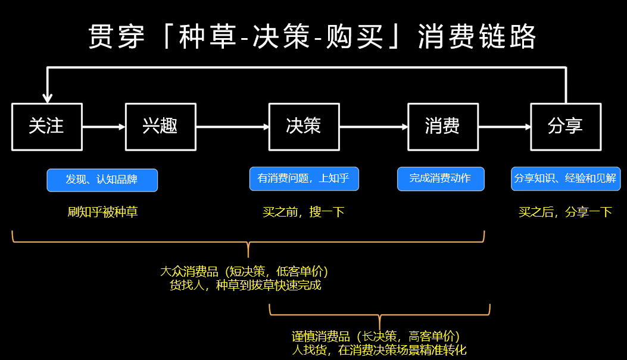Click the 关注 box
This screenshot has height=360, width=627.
pyautogui.click(x=46, y=126)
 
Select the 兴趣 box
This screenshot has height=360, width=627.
pyautogui.click(x=160, y=126)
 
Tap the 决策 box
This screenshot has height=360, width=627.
pyautogui.click(x=304, y=126)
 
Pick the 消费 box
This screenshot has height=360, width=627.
pyautogui.click(x=442, y=126)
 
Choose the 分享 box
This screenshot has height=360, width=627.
pyautogui.click(x=565, y=126)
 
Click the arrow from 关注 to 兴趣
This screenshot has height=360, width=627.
pyautogui.click(x=104, y=126)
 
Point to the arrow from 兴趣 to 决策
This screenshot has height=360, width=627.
pyautogui.click(x=232, y=126)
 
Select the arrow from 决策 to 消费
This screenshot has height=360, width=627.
pyautogui.click(x=373, y=126)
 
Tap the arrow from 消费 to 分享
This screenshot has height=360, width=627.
pyautogui.click(x=504, y=126)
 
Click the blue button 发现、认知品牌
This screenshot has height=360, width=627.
pyautogui.click(x=102, y=180)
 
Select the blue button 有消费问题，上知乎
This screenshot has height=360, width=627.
pyautogui.click(x=304, y=179)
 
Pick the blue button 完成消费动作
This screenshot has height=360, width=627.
pyautogui.click(x=441, y=179)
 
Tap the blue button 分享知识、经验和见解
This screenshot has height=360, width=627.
pyautogui.click(x=565, y=179)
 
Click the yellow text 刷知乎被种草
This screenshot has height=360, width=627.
pyautogui.click(x=102, y=212)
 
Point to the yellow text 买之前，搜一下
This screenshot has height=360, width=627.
pyautogui.click(x=304, y=212)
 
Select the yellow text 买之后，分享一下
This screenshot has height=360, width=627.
pyautogui.click(x=565, y=212)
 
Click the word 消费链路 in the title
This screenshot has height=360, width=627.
pyautogui.click(x=477, y=37)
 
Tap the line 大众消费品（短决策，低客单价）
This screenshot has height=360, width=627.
pyautogui.click(x=244, y=271)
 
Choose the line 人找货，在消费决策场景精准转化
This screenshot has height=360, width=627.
pyautogui.click(x=379, y=350)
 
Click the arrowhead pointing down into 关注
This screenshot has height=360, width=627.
pyautogui.click(x=48, y=98)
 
